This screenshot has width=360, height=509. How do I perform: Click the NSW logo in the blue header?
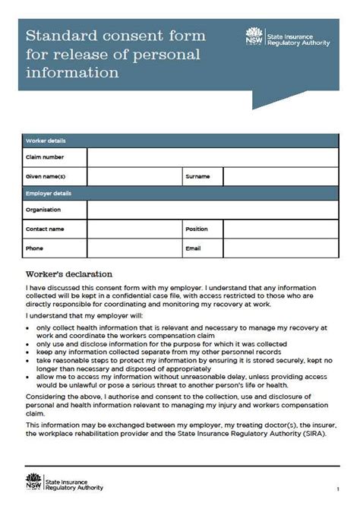tap(254, 36)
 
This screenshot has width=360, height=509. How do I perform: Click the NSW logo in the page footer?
tap(32, 484)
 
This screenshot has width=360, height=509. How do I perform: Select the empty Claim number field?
tap(212, 157)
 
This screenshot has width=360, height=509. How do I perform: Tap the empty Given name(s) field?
tap(134, 176)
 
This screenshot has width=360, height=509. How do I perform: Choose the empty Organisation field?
tap(212, 210)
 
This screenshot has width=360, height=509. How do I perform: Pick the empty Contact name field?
tap(134, 229)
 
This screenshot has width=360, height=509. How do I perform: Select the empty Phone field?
tap(134, 248)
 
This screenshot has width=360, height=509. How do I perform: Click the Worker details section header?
tap(46, 141)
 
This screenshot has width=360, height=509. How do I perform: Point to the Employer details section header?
tap(49, 194)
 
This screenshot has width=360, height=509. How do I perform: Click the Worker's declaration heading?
tap(69, 273)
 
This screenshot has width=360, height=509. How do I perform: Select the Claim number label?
tap(45, 157)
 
